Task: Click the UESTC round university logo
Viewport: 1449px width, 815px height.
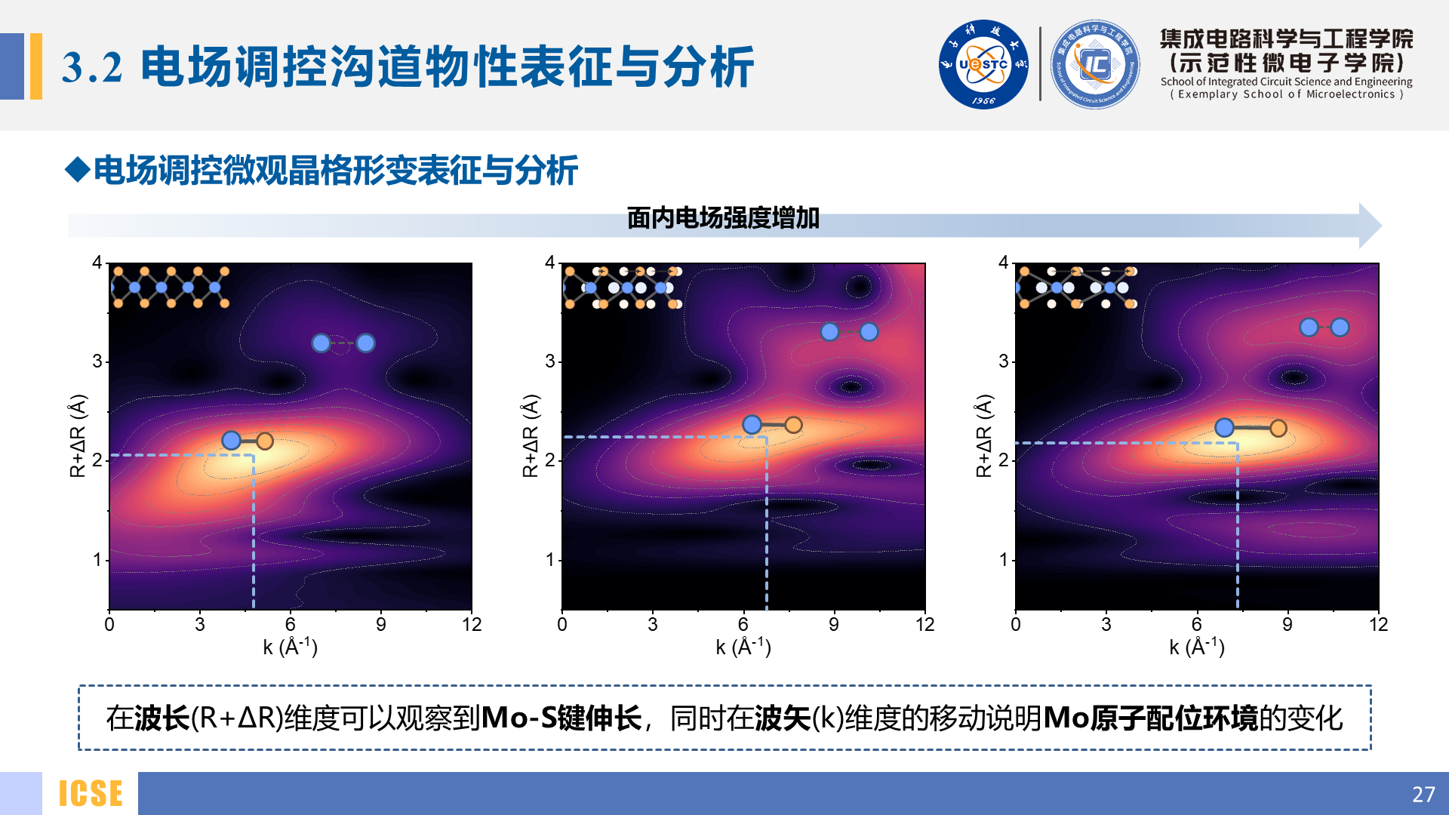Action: (983, 65)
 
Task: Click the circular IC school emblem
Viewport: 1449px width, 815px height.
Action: (1095, 65)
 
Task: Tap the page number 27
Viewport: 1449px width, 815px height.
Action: (1423, 794)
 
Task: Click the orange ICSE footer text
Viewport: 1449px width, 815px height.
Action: (91, 794)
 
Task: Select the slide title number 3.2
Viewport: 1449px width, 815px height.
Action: (92, 67)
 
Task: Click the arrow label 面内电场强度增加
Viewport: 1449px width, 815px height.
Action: (723, 218)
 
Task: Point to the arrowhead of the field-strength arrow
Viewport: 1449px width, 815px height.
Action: (1370, 226)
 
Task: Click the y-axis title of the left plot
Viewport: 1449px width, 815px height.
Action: (78, 435)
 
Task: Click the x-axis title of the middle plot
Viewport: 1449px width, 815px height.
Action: (743, 647)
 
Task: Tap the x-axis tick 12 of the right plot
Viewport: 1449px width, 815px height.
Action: (1378, 625)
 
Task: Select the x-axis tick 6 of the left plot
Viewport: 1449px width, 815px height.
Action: (291, 625)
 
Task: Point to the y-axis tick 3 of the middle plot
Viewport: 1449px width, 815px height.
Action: (550, 361)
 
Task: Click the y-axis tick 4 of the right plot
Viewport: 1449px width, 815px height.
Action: (1003, 263)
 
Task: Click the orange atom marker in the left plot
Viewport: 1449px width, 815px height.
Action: (264, 441)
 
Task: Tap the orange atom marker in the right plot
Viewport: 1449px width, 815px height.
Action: (1278, 429)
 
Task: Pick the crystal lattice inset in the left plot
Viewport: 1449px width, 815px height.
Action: (170, 287)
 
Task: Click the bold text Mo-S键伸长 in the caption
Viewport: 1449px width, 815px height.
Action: (561, 718)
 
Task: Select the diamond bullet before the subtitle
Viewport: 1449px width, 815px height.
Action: (78, 169)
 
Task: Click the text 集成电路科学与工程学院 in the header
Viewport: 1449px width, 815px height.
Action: (1286, 38)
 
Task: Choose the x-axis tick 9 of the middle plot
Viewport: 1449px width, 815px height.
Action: (834, 625)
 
